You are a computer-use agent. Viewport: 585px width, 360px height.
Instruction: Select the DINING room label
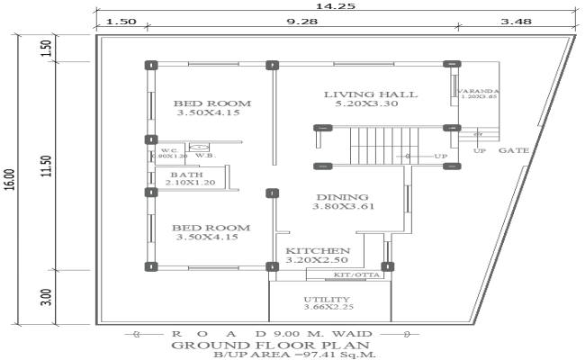341,197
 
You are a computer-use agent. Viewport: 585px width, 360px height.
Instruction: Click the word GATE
513,150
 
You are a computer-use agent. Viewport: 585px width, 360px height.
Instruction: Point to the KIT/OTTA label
355,273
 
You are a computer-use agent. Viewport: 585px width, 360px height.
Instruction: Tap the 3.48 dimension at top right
516,21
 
